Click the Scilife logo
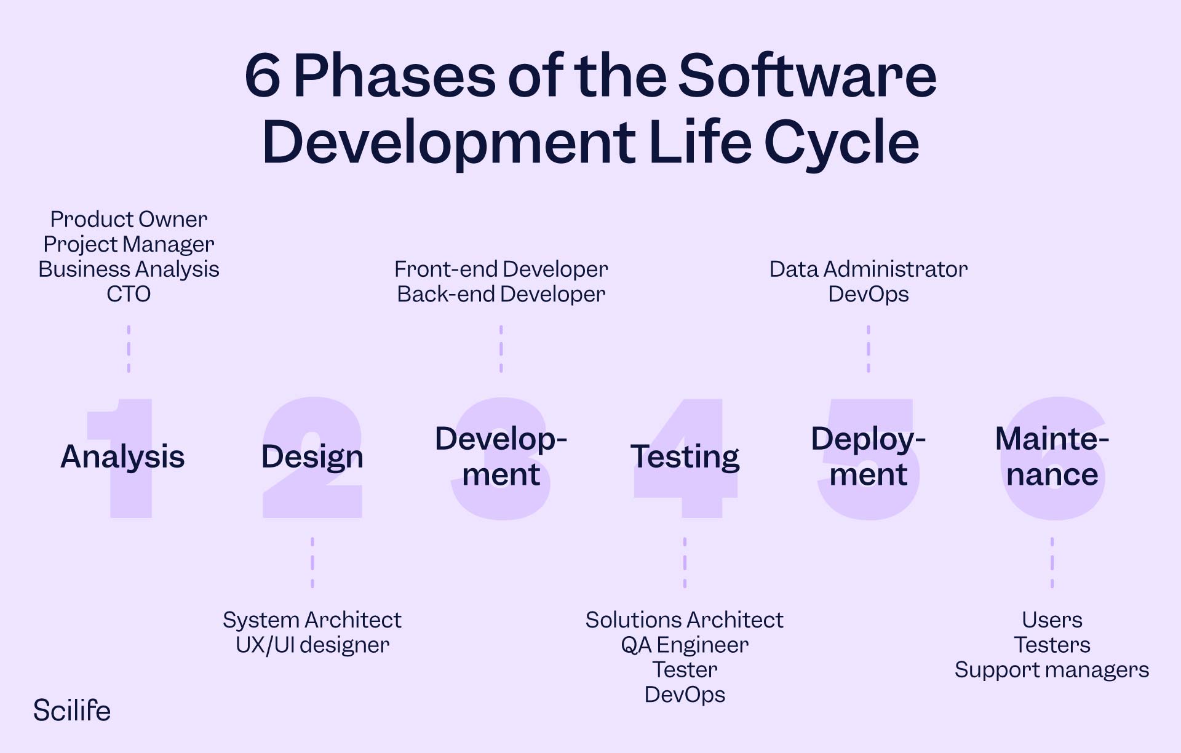[72, 711]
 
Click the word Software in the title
[807, 75]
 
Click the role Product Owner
[129, 219]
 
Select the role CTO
[129, 294]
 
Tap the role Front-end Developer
[501, 269]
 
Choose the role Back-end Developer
[501, 295]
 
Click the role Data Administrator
[869, 269]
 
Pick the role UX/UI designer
[312, 645]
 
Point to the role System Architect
[312, 620]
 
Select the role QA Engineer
[685, 645]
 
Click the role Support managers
[1052, 670]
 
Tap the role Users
[1052, 620]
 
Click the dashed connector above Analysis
[129, 349]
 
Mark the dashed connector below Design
[312, 562]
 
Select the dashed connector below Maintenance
[1052, 562]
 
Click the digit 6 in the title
[263, 76]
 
